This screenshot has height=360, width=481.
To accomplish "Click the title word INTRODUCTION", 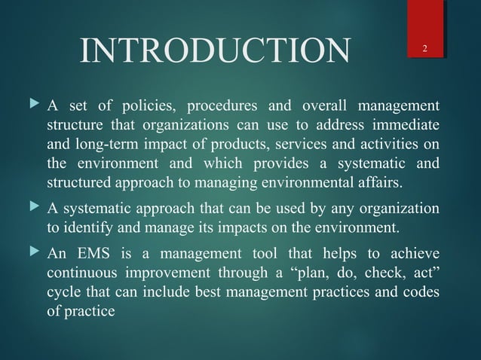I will point(215,51).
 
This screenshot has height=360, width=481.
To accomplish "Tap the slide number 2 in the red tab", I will point(425,50).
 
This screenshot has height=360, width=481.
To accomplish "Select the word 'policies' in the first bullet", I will point(136,103).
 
